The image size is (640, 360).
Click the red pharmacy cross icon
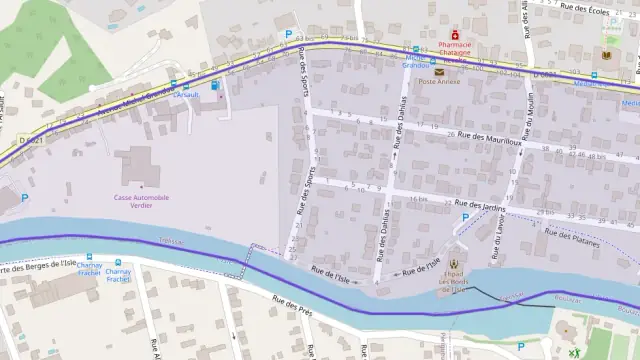[x=440, y=33]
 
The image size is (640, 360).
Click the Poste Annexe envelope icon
[x=439, y=72]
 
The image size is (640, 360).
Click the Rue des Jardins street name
[x=481, y=206]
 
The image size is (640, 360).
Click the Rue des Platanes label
[x=571, y=237]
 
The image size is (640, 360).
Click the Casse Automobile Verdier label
[x=141, y=201]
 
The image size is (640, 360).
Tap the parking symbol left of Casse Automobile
[x=24, y=198]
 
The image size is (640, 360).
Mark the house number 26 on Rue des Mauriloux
[x=452, y=134]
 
